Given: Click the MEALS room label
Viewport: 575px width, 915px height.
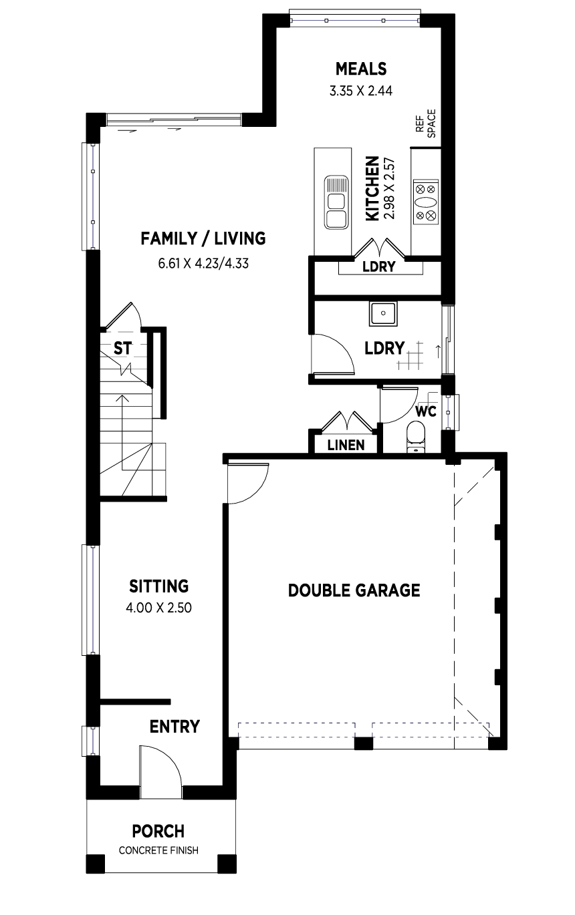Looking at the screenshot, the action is (x=360, y=69).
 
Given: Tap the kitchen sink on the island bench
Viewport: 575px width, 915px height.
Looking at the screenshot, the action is (x=336, y=202).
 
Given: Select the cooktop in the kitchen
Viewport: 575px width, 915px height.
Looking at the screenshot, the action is (x=425, y=202).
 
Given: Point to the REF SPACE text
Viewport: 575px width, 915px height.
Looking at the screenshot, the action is (x=426, y=123).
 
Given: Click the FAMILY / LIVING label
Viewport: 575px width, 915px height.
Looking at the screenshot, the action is (x=203, y=238).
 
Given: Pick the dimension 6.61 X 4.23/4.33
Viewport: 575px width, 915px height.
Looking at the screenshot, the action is (x=203, y=263).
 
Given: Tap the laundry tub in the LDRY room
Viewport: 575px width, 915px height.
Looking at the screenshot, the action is (x=383, y=313).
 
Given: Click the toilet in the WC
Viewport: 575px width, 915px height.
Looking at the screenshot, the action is (x=417, y=437).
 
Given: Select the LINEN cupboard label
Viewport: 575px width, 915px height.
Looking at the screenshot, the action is (x=346, y=445).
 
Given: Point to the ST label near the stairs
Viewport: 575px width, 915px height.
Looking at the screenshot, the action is (x=122, y=349).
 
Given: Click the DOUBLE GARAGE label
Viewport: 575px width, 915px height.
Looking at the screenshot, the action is (x=354, y=590).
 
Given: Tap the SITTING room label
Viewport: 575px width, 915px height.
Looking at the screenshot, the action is (x=158, y=586).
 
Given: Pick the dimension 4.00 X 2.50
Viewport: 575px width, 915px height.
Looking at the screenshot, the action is (x=158, y=608).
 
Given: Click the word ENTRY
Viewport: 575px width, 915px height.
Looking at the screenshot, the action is (x=175, y=727).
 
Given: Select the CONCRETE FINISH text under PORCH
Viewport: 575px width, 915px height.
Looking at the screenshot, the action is (x=158, y=850).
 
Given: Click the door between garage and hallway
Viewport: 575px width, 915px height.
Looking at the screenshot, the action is (x=248, y=484).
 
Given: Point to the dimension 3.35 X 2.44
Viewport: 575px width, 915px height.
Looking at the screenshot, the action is (x=360, y=91).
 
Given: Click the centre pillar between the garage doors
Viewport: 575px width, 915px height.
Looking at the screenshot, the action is (x=363, y=743).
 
